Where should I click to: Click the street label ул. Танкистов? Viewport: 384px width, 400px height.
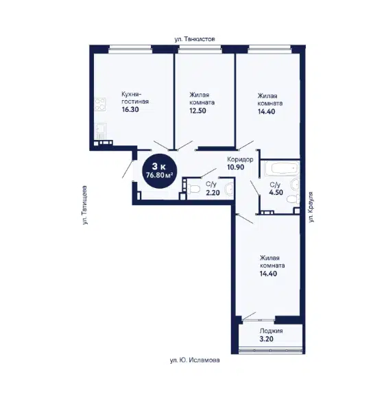point(195,39)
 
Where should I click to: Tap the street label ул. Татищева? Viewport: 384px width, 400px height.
point(84,205)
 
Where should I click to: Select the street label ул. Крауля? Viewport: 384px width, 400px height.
point(311,207)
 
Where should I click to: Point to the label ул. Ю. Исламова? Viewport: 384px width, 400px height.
point(195,360)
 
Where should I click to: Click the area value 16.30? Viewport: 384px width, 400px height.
point(130,110)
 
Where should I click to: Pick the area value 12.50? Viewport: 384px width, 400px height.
point(197,110)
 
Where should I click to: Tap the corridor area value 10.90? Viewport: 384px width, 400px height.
point(236,167)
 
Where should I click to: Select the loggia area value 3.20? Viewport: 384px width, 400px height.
point(267,339)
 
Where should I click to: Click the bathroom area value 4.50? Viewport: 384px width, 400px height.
point(276,192)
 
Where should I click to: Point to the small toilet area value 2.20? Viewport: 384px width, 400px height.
point(213,192)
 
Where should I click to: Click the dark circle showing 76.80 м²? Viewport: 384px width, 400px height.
point(159,171)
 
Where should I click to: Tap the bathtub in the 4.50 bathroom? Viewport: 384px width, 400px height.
point(282,168)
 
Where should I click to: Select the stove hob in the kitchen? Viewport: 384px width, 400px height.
point(100,104)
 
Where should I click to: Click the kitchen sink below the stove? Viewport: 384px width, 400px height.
point(101,131)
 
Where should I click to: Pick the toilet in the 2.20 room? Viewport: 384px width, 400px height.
point(193,189)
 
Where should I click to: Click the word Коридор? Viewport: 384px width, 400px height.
point(240,159)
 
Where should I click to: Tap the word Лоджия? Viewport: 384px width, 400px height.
point(272,331)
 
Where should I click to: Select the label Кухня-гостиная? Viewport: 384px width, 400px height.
point(135,97)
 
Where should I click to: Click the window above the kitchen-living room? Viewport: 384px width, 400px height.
point(130,49)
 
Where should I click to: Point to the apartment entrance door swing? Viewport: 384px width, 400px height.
point(128,169)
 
